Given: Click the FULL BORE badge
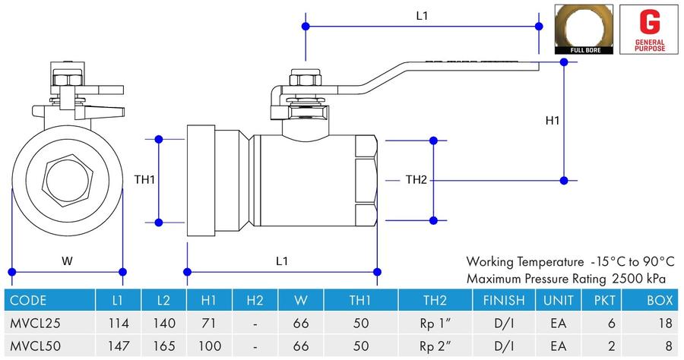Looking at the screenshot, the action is click(584, 29).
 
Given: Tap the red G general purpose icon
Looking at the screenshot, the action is click(650, 29).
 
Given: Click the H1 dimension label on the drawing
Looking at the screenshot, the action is click(553, 120).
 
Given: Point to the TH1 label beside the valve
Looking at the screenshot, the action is click(144, 179).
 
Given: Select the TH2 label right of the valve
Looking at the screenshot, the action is click(416, 179).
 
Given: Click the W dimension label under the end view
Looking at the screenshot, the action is click(67, 261).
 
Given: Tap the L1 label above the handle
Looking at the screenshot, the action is click(422, 16).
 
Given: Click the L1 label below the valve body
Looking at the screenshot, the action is click(282, 261).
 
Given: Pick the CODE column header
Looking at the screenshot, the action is click(28, 300).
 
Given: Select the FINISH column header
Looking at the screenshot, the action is click(504, 300).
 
